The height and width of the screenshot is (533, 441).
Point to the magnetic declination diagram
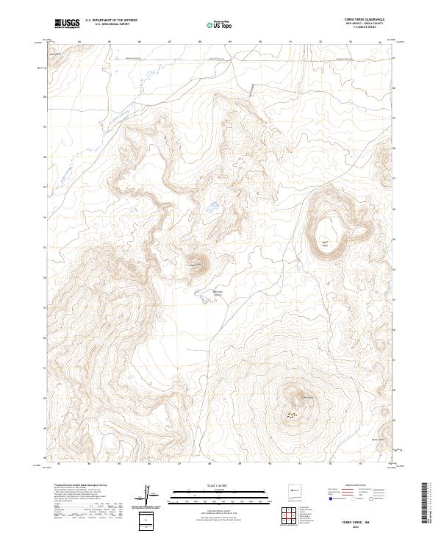150,494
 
